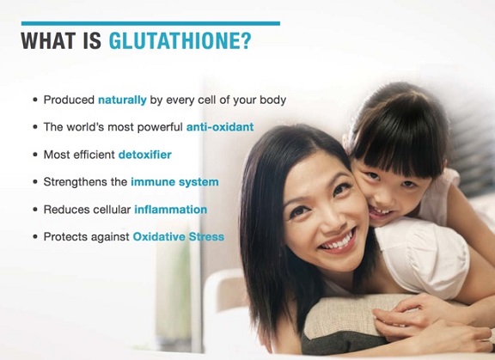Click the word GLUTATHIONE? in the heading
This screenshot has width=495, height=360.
(180, 40)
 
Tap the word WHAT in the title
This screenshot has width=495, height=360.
(48, 40)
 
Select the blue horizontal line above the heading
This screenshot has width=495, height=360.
(150, 23)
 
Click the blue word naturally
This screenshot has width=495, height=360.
(122, 100)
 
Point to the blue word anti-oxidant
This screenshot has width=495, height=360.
(220, 127)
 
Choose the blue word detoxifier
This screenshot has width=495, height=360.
(145, 155)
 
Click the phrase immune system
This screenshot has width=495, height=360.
(174, 182)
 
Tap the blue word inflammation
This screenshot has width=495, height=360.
(171, 210)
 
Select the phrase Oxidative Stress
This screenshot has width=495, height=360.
(179, 236)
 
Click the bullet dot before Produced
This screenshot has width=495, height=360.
(35, 100)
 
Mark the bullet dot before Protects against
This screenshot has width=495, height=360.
(35, 237)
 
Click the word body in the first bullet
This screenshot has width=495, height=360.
(272, 100)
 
